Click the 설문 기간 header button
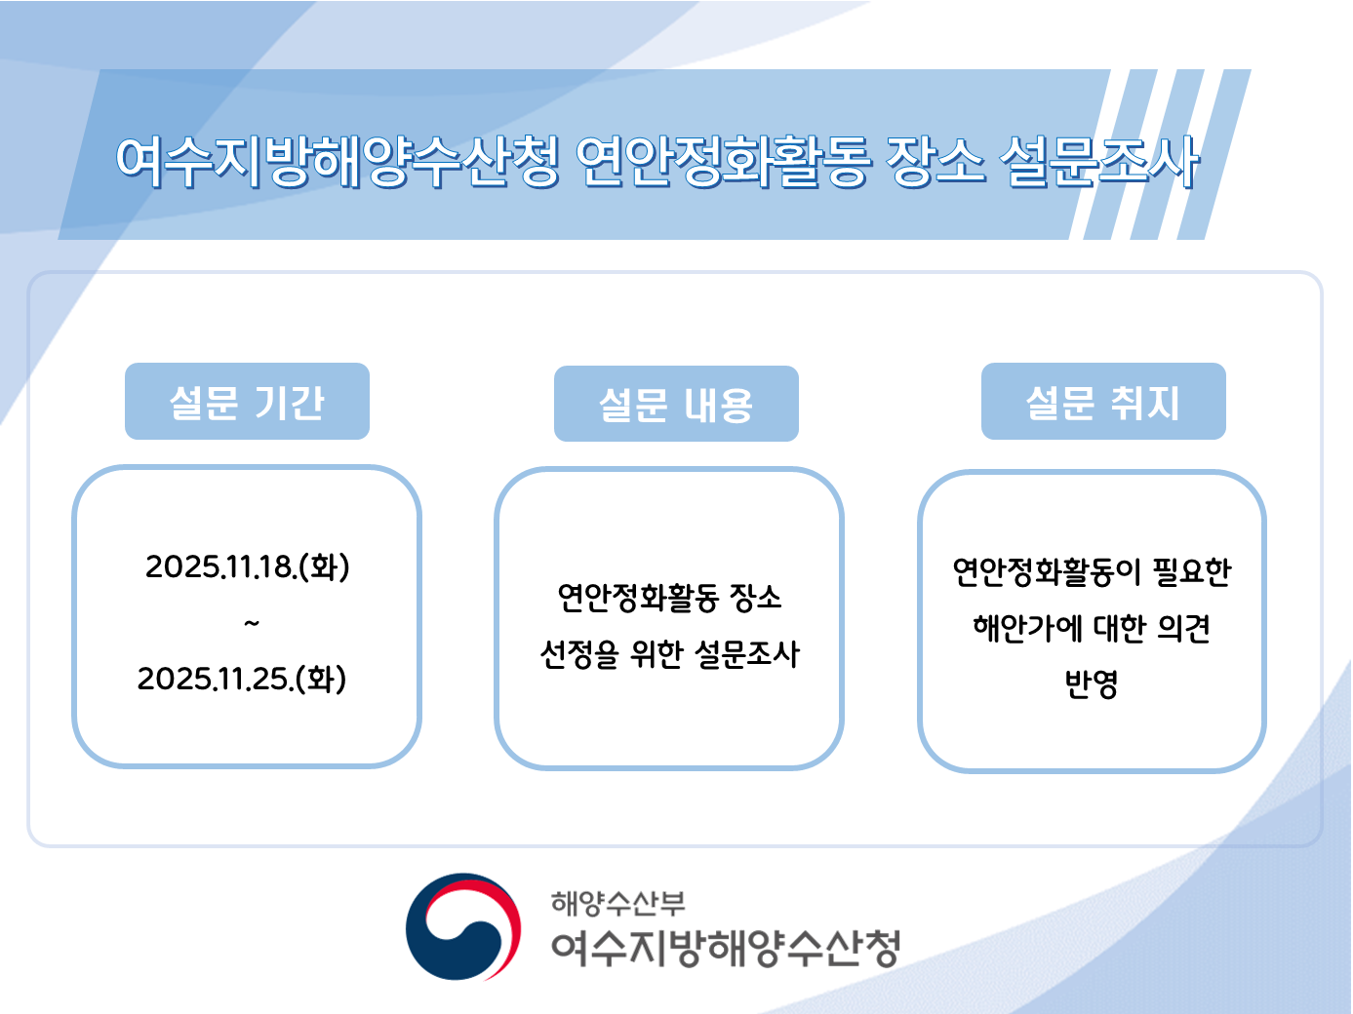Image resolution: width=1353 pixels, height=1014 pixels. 247,402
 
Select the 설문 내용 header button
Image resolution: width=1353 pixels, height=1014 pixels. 676,405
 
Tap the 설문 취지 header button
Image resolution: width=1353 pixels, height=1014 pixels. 1103,402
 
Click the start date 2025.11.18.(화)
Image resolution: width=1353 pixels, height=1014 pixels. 248,566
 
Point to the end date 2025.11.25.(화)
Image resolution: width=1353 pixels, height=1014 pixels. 242,679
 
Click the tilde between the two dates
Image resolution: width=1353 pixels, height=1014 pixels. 252,623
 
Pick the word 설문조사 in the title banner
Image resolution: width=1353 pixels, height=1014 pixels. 1099,161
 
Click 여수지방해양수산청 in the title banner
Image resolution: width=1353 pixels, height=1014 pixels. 338,161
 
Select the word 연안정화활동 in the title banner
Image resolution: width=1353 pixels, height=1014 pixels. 722,161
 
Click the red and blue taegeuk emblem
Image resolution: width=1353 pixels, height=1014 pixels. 463,927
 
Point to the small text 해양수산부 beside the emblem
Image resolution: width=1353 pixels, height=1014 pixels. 618,903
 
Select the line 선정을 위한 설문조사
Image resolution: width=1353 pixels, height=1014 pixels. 670,654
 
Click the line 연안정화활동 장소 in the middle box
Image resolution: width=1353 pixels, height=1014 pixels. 670,597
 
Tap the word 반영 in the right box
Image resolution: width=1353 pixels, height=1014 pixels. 1092,684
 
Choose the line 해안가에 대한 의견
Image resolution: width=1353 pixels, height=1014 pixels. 1092,628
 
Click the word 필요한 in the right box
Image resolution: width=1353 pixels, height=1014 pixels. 1192,571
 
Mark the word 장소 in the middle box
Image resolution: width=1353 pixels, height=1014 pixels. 756,597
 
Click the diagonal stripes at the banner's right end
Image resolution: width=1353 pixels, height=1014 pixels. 1161,154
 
